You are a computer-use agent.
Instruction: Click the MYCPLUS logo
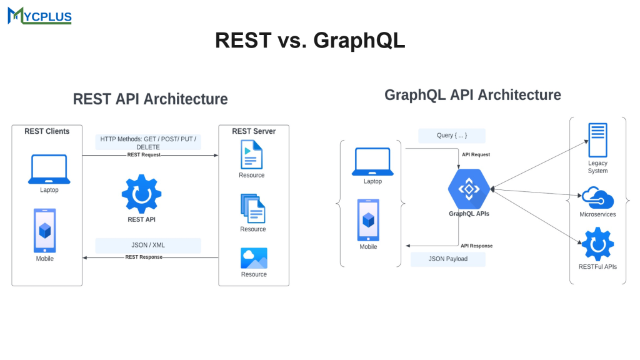(39, 16)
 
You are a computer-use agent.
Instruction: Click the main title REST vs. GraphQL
(310, 40)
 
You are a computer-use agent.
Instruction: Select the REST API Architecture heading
(150, 99)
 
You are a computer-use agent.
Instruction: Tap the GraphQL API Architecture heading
(472, 95)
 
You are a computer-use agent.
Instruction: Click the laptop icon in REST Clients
(49, 169)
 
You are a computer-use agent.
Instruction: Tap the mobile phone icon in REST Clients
(44, 229)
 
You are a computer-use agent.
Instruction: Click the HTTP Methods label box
(148, 142)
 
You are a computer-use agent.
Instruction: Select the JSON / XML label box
(148, 245)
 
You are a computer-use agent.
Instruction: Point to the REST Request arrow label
(144, 154)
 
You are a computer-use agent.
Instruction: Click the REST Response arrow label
(144, 257)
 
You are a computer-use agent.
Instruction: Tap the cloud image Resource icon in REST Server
(254, 258)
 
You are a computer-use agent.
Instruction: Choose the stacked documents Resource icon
(252, 208)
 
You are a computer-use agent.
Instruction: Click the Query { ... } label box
(452, 136)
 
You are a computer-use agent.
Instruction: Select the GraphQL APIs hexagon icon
(469, 188)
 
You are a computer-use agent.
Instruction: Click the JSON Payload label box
(448, 259)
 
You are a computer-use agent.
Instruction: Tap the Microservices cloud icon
(597, 197)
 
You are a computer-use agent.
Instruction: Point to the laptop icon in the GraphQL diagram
(372, 162)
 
